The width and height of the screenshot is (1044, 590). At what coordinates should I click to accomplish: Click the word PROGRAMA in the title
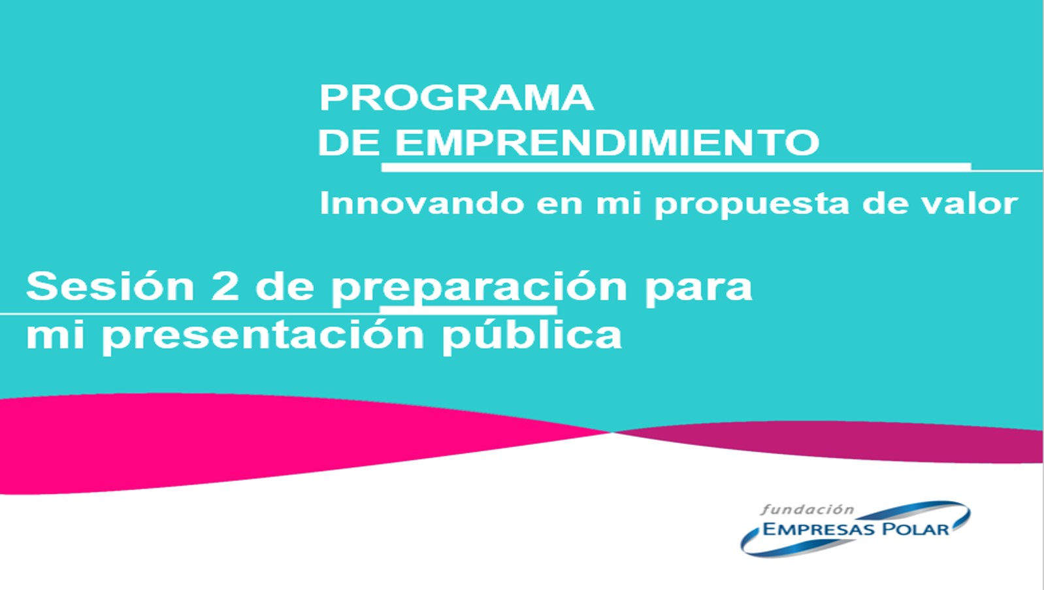click(x=456, y=98)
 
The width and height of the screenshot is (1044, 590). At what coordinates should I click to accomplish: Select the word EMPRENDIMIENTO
click(x=607, y=142)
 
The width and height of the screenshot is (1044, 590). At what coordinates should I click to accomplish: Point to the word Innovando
click(x=421, y=203)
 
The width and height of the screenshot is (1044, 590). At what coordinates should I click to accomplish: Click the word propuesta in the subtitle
click(x=751, y=205)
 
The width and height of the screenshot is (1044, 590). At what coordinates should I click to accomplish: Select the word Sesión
click(x=110, y=286)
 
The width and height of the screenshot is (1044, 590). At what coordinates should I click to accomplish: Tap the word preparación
click(x=479, y=288)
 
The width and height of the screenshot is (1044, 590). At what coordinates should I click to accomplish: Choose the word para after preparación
click(x=698, y=290)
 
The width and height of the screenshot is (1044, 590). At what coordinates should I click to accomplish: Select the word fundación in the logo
click(x=807, y=509)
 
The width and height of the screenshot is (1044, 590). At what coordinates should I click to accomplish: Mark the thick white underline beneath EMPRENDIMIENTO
click(x=676, y=167)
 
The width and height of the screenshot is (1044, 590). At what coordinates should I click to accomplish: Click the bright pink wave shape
click(x=233, y=443)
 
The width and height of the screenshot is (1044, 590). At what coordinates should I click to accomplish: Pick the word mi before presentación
click(x=55, y=335)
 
